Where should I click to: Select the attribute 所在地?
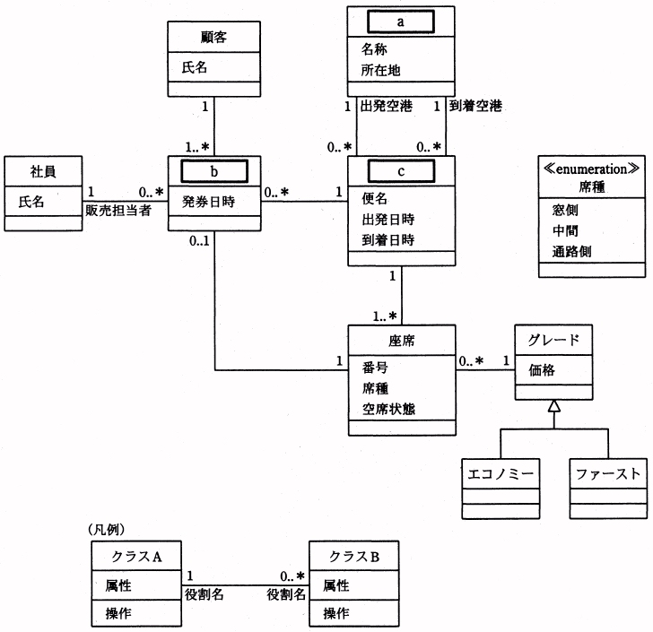tap(382, 69)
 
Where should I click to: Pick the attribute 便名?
tap(375, 196)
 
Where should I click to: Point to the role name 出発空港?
tap(386, 107)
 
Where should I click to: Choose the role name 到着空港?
tap(473, 107)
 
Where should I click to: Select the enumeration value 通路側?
tap(570, 252)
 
